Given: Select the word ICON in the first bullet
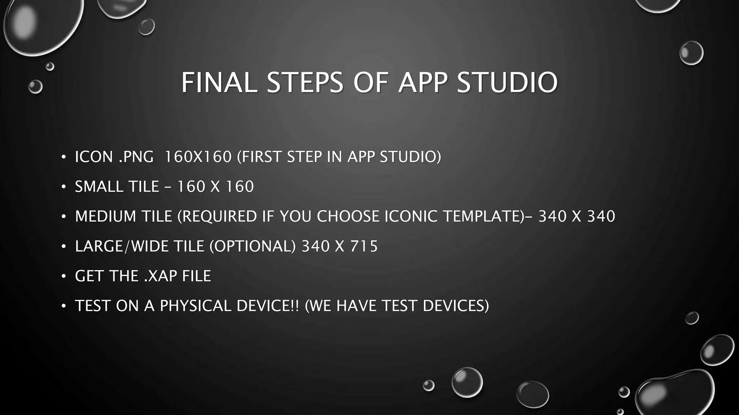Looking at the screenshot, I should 94,157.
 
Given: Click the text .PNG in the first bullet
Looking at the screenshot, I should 136,157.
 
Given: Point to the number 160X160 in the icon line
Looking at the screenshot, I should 198,157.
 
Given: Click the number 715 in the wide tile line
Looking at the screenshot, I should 364,246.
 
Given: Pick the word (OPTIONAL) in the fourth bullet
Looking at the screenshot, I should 253,246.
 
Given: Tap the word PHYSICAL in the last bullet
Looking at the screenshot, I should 195,306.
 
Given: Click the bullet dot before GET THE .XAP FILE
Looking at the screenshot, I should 64,276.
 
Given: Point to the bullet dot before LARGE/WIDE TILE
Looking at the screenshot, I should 64,246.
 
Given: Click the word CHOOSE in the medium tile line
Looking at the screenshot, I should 348,216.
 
